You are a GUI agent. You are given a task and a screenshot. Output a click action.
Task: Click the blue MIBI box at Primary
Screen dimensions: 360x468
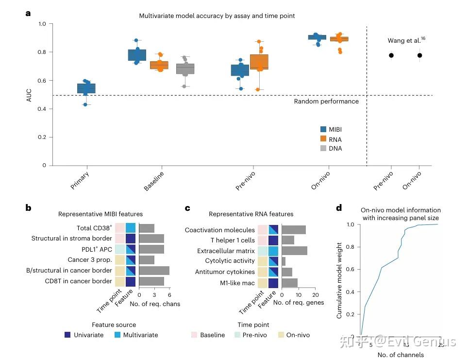pyautogui.click(x=86, y=88)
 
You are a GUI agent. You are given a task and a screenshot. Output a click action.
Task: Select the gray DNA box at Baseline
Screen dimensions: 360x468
pyautogui.click(x=185, y=69)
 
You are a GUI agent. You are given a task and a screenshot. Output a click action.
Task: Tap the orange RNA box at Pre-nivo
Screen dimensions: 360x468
pyautogui.click(x=259, y=62)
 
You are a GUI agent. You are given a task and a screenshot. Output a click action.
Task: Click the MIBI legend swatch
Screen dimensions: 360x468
pyautogui.click(x=323, y=130)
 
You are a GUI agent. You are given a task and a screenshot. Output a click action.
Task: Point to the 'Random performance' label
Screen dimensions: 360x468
pyautogui.click(x=326, y=102)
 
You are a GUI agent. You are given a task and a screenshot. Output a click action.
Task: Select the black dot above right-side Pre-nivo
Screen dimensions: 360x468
pyautogui.click(x=391, y=55)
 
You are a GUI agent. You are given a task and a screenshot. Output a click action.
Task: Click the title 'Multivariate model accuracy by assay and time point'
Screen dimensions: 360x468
pyautogui.click(x=217, y=16)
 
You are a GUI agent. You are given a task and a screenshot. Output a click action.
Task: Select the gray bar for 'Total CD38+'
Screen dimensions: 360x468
pyautogui.click(x=147, y=228)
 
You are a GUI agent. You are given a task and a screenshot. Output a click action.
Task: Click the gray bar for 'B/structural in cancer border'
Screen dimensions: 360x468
pyautogui.click(x=154, y=271)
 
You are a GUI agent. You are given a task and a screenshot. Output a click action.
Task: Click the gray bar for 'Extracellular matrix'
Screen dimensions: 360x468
pyautogui.click(x=294, y=251)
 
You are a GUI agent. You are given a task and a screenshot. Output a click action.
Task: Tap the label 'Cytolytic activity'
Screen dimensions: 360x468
pyautogui.click(x=227, y=261)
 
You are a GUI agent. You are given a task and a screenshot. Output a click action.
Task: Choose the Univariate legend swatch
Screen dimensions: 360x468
pyautogui.click(x=68, y=335)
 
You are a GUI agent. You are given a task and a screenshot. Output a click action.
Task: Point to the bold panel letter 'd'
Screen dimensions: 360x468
pyautogui.click(x=338, y=208)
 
